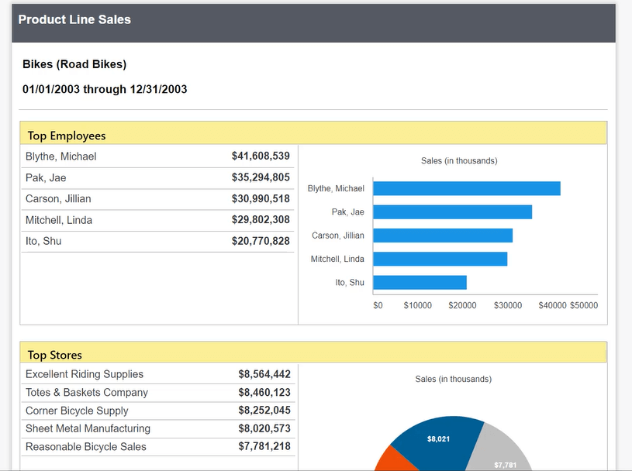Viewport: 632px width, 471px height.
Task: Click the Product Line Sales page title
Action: click(x=74, y=20)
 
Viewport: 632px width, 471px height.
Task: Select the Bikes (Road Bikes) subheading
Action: click(x=74, y=64)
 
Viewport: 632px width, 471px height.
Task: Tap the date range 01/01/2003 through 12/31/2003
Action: click(x=105, y=89)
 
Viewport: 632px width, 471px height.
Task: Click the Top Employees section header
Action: click(x=67, y=136)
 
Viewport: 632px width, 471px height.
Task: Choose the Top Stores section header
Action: click(x=54, y=355)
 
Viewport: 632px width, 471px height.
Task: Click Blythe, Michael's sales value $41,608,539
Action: click(x=261, y=156)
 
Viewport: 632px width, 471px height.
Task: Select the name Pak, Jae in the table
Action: click(x=46, y=178)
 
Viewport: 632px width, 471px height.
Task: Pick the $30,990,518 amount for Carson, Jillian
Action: click(x=261, y=199)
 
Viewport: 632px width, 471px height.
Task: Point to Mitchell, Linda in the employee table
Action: click(x=59, y=220)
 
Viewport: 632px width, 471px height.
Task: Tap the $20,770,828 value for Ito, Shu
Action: click(x=261, y=242)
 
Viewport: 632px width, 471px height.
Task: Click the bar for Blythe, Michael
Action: click(x=466, y=188)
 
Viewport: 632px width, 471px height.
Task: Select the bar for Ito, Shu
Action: click(x=420, y=283)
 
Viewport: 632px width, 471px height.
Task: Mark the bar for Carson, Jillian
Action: click(x=443, y=235)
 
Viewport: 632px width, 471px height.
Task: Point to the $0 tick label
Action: click(x=378, y=305)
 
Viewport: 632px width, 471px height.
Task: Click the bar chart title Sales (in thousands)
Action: click(x=459, y=161)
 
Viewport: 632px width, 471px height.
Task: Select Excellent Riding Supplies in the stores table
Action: click(x=85, y=374)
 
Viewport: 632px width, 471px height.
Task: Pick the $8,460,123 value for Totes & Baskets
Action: click(x=264, y=393)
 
